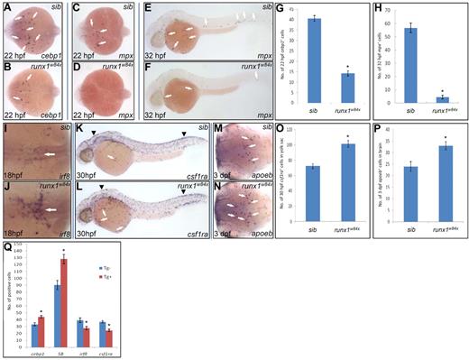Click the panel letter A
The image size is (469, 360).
pyautogui.click(x=6, y=6)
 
